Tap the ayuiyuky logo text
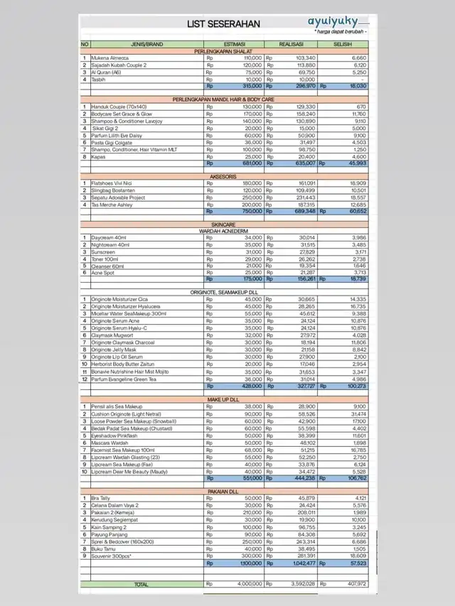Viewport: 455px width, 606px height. pos(333,21)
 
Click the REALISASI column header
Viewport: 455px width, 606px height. pos(291,45)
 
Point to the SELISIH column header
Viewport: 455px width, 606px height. pos(344,45)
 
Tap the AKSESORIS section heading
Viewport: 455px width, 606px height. pos(224,176)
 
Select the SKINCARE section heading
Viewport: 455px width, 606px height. pos(224,224)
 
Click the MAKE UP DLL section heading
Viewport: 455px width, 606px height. pos(224,399)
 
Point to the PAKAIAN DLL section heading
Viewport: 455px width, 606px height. pos(224,491)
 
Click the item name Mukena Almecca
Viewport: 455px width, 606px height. pos(111,58)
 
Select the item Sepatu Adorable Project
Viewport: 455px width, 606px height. pos(118,198)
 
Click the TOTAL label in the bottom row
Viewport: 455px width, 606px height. pos(141,583)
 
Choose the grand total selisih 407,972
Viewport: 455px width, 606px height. pos(353,583)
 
